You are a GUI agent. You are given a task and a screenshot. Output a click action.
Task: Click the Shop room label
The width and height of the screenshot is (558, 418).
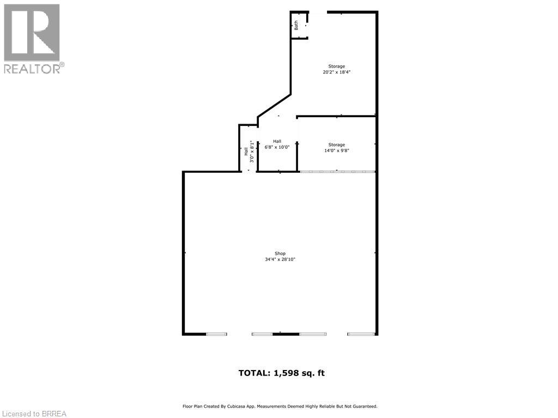coord(280,253)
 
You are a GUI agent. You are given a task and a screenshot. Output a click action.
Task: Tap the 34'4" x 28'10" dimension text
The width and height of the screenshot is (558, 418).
coord(280,259)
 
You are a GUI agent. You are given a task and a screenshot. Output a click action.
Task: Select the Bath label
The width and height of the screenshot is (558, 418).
coord(296,25)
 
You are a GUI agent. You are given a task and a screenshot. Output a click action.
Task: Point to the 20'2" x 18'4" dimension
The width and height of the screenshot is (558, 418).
coord(336,72)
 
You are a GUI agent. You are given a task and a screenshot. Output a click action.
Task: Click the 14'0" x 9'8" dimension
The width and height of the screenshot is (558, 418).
coord(336,151)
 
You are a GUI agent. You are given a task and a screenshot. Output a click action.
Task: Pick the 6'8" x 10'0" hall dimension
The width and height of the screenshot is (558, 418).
coord(277,147)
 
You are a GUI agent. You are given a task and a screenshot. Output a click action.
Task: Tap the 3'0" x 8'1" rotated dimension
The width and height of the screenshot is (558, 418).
coord(252,152)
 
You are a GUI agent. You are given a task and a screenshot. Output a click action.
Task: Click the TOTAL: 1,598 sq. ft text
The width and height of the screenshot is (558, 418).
coord(281,373)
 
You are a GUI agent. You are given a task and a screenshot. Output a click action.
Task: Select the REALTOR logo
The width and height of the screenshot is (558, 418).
coord(33,38)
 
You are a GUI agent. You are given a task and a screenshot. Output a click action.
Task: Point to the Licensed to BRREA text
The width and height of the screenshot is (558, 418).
coord(34,414)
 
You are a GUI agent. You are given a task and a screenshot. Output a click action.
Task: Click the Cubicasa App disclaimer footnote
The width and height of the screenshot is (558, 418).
coord(280,407)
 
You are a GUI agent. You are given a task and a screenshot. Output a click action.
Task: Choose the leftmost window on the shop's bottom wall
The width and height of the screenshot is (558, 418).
coord(216,334)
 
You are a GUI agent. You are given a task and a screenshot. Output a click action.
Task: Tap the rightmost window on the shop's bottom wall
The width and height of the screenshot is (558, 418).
coord(361,334)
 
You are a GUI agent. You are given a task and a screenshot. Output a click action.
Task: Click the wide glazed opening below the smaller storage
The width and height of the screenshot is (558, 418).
coord(337,172)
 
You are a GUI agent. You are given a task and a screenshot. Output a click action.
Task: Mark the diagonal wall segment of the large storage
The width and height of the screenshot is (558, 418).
coord(274,105)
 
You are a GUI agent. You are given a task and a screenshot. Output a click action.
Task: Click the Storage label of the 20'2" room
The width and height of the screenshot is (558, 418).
coord(336,66)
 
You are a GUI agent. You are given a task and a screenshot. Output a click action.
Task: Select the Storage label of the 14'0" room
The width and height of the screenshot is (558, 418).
coord(336,145)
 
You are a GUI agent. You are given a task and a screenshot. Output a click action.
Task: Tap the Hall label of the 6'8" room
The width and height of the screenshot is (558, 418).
coord(277,141)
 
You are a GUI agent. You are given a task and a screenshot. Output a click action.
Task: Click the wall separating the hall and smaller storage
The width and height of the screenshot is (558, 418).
coord(297,144)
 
